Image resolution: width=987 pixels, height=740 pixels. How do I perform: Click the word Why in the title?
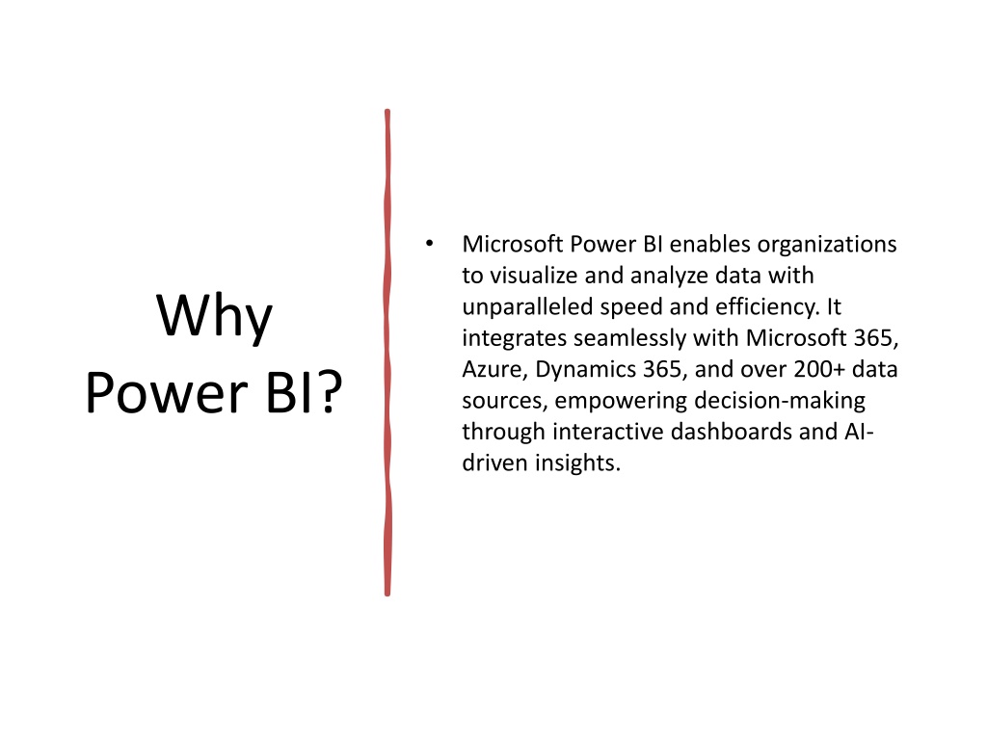pyautogui.click(x=214, y=317)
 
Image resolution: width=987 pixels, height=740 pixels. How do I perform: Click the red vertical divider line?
pyautogui.click(x=387, y=353)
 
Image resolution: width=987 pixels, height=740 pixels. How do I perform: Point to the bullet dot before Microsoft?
pyautogui.click(x=429, y=244)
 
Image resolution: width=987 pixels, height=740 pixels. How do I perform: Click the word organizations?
pyautogui.click(x=826, y=245)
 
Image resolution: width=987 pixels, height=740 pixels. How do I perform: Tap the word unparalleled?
pyautogui.click(x=527, y=307)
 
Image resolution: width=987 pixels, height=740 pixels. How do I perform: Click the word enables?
pyautogui.click(x=709, y=244)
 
